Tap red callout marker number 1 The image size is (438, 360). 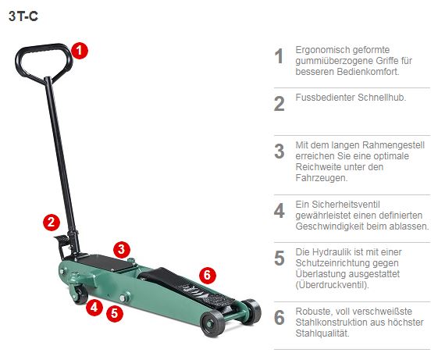[x=80, y=50]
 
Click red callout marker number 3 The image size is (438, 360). [x=120, y=249]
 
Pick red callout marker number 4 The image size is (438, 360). [x=93, y=307]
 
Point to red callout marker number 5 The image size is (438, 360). [x=114, y=314]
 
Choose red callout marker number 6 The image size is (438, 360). [x=206, y=275]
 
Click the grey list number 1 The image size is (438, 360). [x=279, y=56]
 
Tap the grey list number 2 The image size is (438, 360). [x=279, y=104]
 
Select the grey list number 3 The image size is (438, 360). [x=279, y=151]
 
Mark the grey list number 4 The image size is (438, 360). [x=279, y=211]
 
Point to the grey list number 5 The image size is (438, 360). [x=279, y=258]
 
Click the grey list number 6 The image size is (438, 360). [x=279, y=318]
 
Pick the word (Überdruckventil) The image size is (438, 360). [x=332, y=285]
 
